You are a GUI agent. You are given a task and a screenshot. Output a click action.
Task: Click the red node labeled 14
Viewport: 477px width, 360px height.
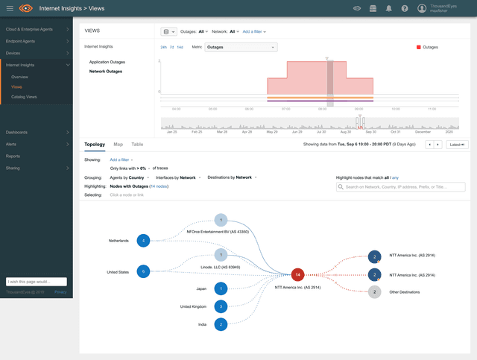click(298, 274)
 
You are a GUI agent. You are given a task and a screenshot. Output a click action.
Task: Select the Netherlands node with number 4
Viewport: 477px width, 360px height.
click(144, 241)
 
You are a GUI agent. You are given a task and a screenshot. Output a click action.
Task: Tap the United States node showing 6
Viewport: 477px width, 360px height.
click(144, 271)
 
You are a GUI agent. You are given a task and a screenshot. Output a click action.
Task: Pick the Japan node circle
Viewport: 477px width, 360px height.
click(221, 288)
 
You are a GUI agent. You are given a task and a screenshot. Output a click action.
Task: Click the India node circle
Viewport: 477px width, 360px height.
click(221, 324)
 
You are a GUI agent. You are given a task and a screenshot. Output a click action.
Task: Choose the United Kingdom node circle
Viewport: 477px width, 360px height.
click(221, 306)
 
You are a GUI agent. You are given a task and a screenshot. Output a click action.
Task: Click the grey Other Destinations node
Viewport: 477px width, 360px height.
click(374, 291)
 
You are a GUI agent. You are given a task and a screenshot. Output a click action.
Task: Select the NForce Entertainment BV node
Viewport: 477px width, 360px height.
click(221, 220)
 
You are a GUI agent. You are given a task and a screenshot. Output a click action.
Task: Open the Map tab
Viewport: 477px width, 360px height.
click(119, 144)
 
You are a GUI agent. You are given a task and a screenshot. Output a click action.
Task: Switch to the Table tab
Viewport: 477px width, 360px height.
click(137, 144)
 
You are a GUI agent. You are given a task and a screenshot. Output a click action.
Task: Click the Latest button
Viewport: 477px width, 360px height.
click(457, 145)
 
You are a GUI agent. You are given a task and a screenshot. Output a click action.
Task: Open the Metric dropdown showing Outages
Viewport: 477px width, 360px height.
click(241, 47)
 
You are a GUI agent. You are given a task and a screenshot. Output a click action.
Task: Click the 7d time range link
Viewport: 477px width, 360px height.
click(172, 47)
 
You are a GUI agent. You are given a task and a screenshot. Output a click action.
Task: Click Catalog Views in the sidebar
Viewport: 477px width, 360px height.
click(24, 97)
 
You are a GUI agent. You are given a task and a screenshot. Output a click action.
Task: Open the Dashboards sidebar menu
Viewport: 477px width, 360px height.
click(16, 132)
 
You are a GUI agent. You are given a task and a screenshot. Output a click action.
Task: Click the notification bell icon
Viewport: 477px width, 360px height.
click(389, 8)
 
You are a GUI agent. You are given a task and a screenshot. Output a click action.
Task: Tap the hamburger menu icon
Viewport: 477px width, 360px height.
click(10, 8)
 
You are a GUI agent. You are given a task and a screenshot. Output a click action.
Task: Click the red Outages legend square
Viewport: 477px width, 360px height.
click(419, 47)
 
